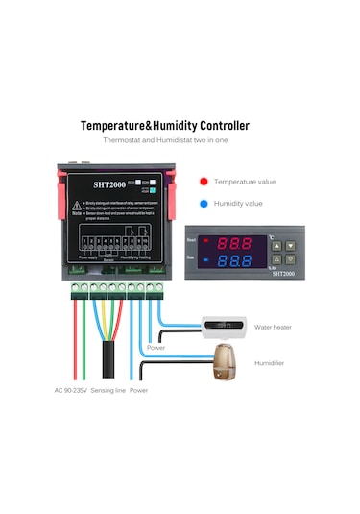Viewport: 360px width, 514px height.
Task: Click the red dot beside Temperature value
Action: [x=204, y=181]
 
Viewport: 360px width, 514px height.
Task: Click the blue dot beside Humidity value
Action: [x=204, y=204]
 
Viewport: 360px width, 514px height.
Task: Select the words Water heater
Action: [x=273, y=327]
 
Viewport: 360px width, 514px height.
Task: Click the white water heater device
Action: [x=224, y=327]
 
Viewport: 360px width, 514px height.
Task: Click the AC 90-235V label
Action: [x=76, y=391]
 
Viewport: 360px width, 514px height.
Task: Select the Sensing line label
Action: [x=108, y=391]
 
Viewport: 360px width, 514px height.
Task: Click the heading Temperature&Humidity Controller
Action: [x=164, y=126]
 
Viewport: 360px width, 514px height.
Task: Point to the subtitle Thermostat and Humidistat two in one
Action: [x=164, y=141]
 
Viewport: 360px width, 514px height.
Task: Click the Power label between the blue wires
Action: [x=155, y=348]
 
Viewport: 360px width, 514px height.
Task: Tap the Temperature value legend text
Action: [x=244, y=181]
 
